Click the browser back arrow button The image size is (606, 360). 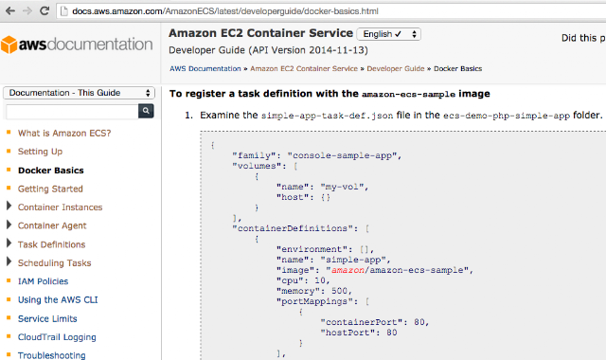(x=10, y=10)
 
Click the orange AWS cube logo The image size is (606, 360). (x=9, y=45)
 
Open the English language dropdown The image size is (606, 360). (x=389, y=34)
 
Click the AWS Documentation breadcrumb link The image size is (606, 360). (x=205, y=68)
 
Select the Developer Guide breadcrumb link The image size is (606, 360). (x=396, y=68)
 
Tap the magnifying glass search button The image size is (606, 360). (x=146, y=111)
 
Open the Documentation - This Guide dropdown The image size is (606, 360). (x=79, y=93)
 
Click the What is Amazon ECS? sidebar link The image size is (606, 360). (x=64, y=133)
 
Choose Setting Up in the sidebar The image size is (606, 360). (x=40, y=152)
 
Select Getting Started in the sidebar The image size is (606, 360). (x=50, y=189)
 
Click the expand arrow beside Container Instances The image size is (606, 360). (x=9, y=206)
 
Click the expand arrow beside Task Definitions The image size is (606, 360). (x=9, y=243)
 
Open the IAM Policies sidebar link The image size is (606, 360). (x=43, y=281)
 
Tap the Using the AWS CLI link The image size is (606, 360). (x=58, y=300)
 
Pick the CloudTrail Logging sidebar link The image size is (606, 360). (x=57, y=337)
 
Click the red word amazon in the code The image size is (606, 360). (x=348, y=270)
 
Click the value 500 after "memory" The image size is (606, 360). (x=339, y=291)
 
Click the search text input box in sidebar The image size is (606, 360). (x=72, y=112)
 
